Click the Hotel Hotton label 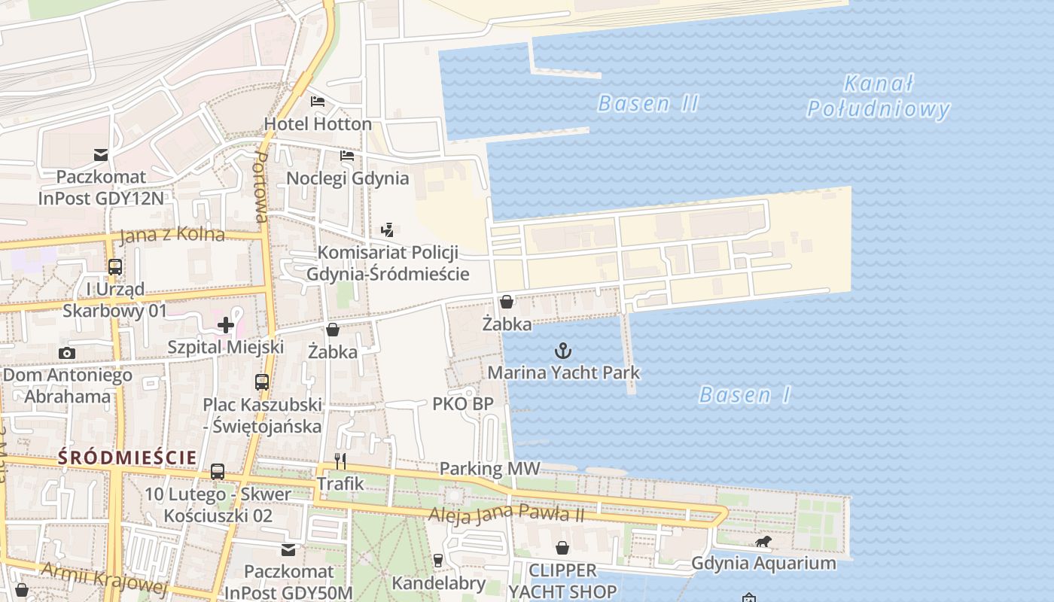318,123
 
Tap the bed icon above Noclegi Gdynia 347,156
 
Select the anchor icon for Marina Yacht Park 563,351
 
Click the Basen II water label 648,103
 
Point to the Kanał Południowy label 879,96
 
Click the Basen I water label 745,394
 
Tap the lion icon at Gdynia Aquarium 763,541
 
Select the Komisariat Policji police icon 388,230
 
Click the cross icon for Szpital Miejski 225,325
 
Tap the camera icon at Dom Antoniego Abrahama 67,353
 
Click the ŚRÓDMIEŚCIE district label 127,457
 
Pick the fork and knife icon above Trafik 340,461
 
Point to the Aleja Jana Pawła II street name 506,514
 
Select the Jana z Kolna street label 172,234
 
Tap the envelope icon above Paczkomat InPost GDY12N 101,155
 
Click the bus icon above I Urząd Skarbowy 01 114,266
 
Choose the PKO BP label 463,403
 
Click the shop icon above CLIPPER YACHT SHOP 562,548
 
